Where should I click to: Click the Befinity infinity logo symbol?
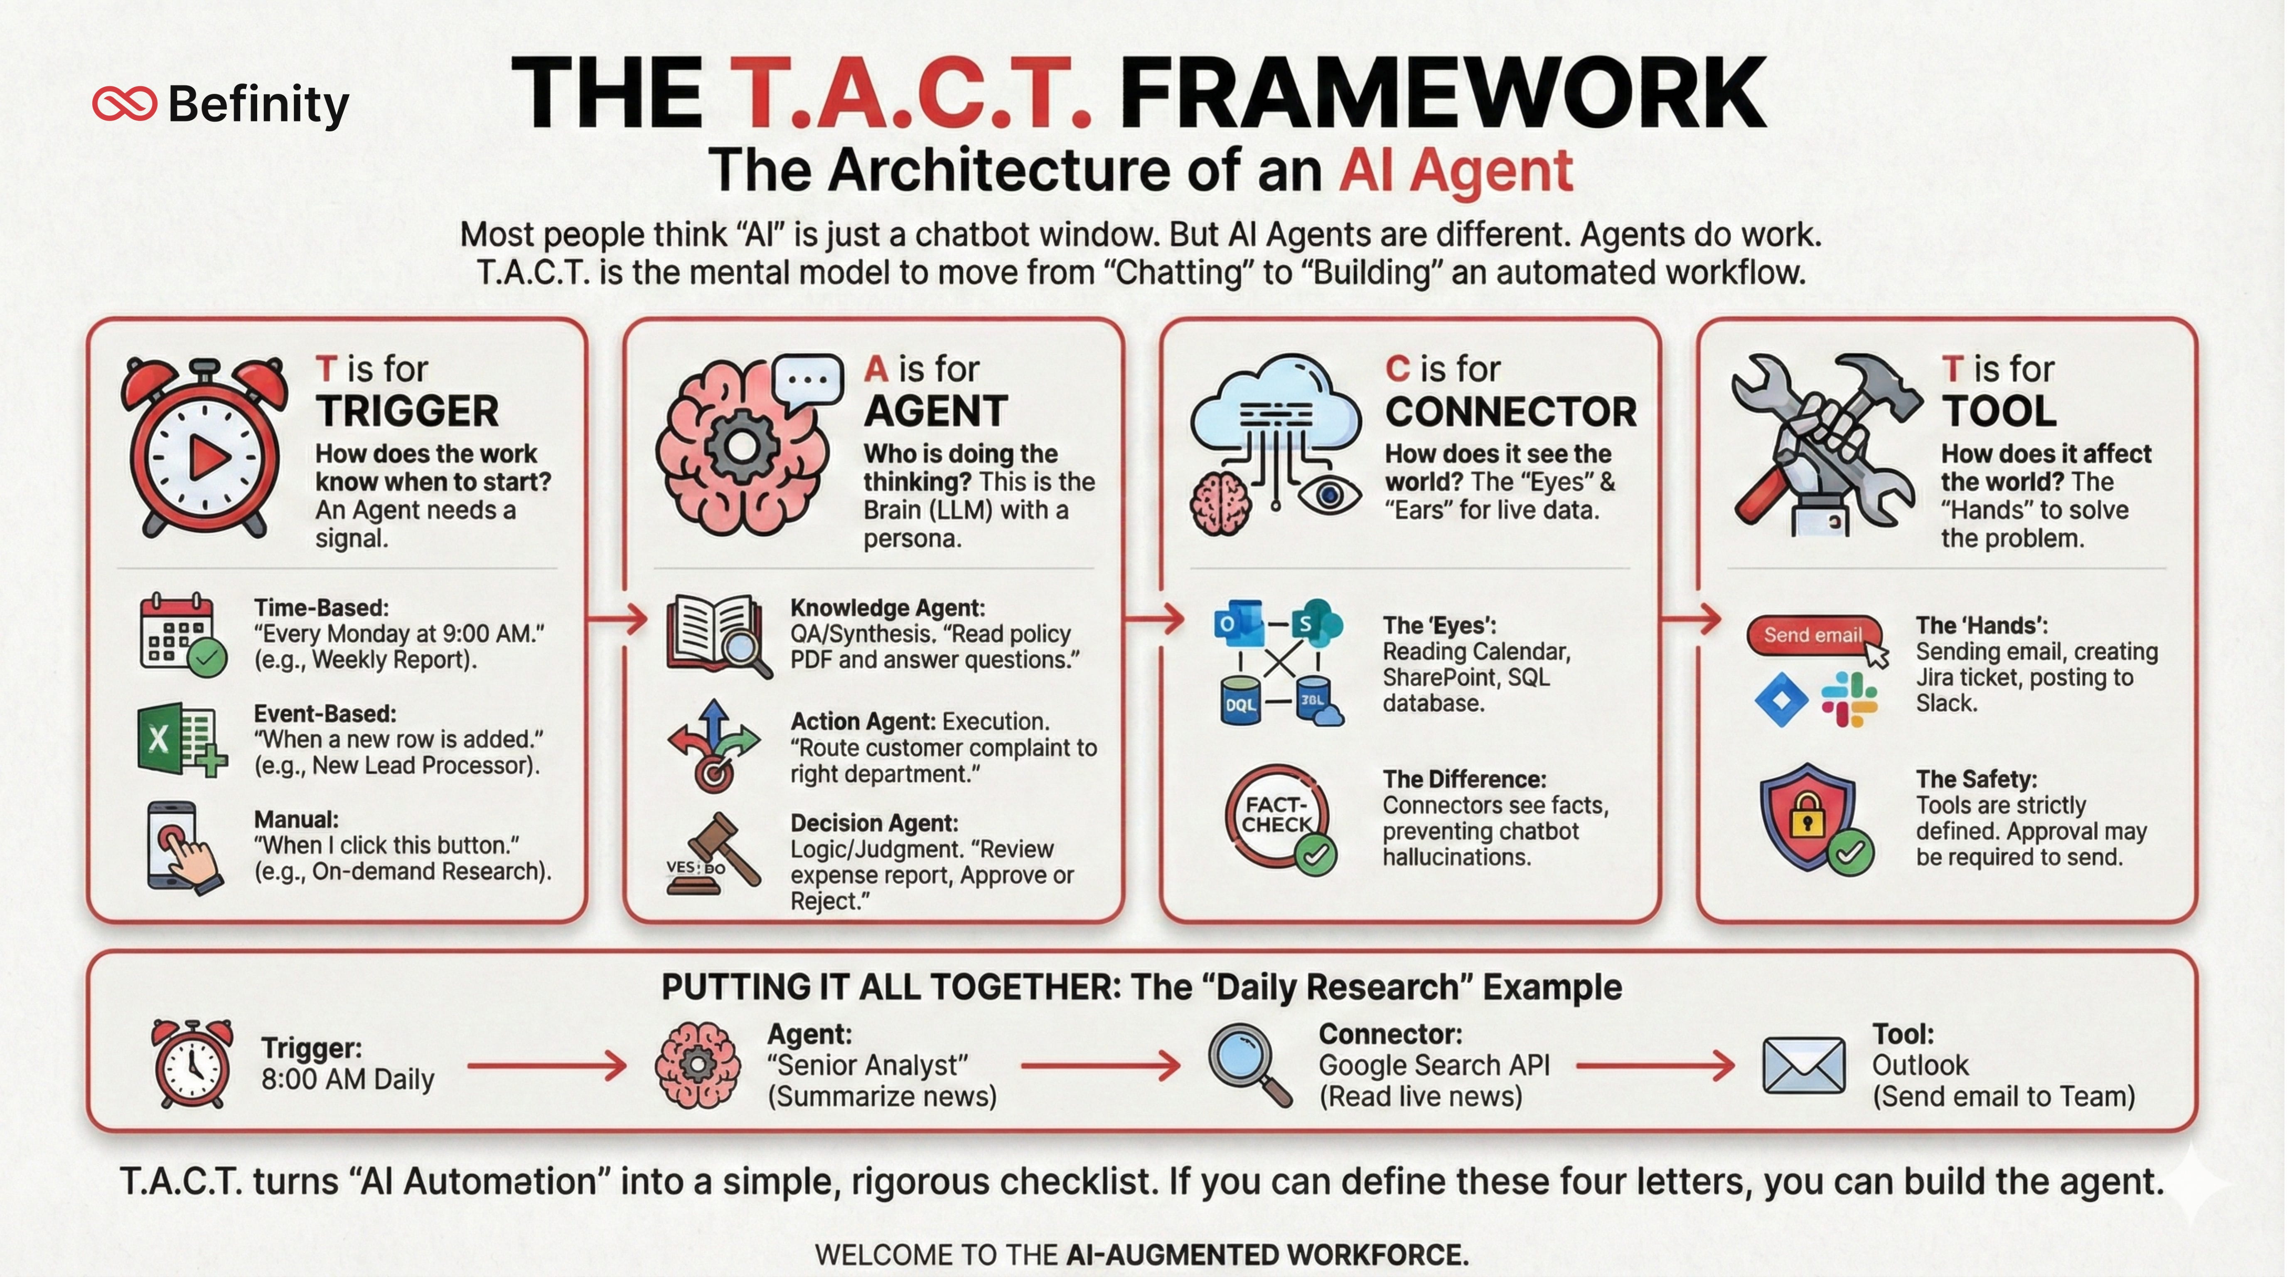point(124,104)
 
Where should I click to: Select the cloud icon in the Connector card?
point(1276,409)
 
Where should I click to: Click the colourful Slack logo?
point(1849,699)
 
